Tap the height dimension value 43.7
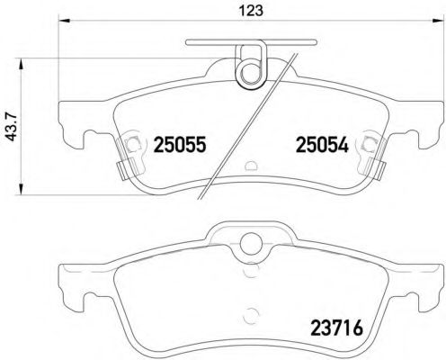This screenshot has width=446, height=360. tap(11, 123)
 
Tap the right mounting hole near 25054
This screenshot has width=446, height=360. tap(370, 143)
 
